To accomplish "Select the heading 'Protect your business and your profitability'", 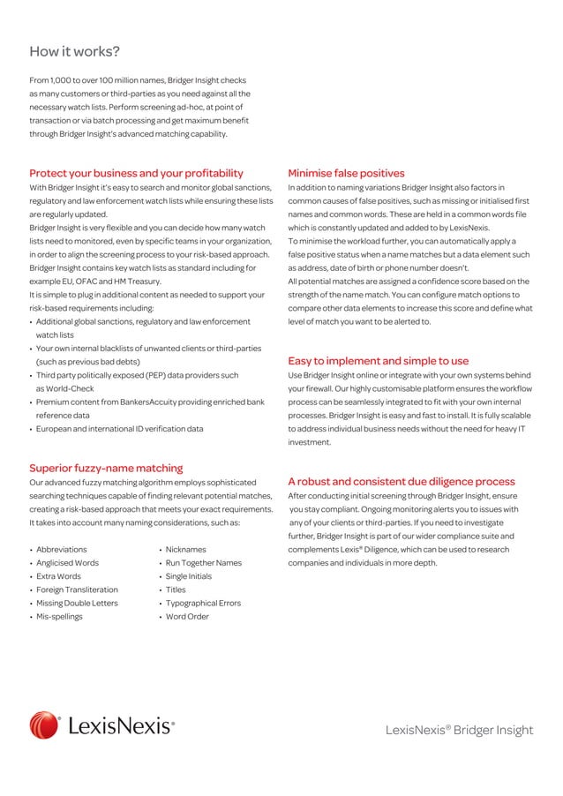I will [x=136, y=173].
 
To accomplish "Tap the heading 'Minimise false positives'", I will [x=346, y=173].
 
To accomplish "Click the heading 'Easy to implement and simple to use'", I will [x=378, y=361].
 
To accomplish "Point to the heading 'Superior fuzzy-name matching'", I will [x=106, y=468].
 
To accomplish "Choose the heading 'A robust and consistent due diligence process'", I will [x=402, y=482].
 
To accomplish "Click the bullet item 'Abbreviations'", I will [x=61, y=549].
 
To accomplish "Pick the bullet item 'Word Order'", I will [x=187, y=616].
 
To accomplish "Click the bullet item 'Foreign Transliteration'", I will [x=77, y=589].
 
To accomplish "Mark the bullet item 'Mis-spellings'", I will [x=59, y=616].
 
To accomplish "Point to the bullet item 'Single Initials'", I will [x=189, y=575].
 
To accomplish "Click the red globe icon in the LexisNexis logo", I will [x=45, y=725].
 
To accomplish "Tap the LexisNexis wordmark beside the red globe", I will [x=120, y=726].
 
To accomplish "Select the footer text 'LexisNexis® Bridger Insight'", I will [x=459, y=730].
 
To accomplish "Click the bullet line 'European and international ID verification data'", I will [x=119, y=428].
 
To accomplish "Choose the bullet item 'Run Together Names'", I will [x=203, y=562].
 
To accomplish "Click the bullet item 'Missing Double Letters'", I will [x=77, y=603].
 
